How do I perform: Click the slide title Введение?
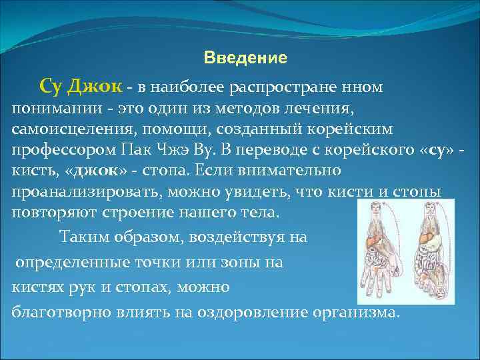pos(245,58)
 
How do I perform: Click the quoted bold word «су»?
pos(429,149)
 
